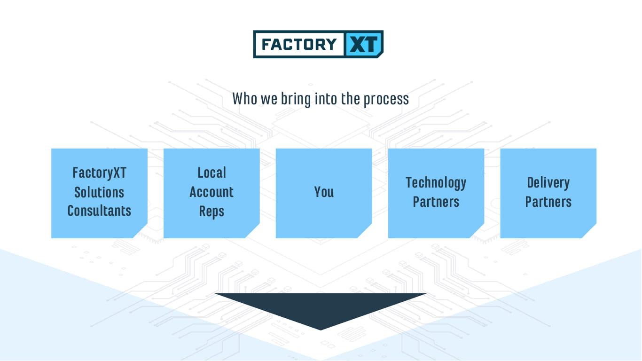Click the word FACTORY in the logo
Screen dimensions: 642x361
coord(299,45)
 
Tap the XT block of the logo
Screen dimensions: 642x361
coord(363,44)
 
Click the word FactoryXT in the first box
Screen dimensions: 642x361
coord(100,173)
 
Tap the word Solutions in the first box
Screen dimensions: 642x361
coord(99,192)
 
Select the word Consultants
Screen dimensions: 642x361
coord(99,211)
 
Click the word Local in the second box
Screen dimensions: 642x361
coord(212,173)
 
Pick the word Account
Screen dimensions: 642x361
coord(211,192)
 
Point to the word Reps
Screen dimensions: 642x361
coord(211,212)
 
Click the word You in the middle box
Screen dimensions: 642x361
coord(324,192)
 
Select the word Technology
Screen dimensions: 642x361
coord(436,183)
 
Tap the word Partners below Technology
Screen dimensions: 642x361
coord(436,202)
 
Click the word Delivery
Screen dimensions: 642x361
coord(548,183)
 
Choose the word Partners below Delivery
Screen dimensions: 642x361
coord(548,202)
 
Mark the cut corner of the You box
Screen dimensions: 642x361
coord(365,231)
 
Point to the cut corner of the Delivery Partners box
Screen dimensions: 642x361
coord(589,231)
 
